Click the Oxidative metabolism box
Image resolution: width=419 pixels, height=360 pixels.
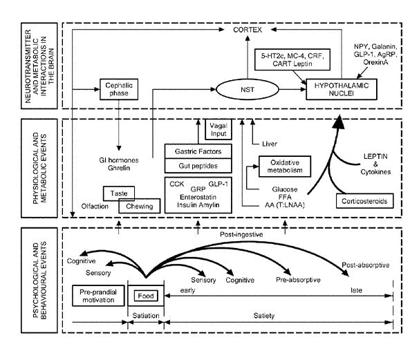282,167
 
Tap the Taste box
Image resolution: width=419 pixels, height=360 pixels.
118,193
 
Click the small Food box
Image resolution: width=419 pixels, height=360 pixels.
146,296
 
